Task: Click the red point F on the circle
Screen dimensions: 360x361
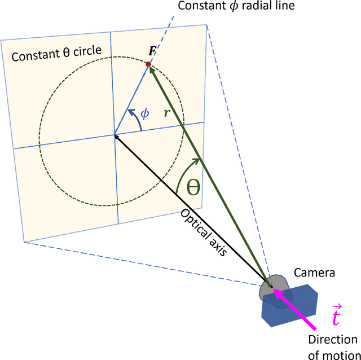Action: (x=148, y=64)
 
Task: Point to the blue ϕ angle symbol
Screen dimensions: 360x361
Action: (x=145, y=113)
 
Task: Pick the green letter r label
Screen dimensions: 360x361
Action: (x=166, y=112)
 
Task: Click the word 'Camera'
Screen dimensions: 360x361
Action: (x=314, y=273)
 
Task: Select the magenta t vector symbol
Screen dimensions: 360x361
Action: (x=335, y=317)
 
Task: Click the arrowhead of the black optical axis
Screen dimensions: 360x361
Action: (x=117, y=136)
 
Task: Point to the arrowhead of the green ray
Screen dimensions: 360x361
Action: (x=151, y=69)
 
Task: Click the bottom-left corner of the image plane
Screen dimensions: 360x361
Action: (x=24, y=242)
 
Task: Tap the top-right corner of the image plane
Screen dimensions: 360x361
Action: (x=207, y=24)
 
